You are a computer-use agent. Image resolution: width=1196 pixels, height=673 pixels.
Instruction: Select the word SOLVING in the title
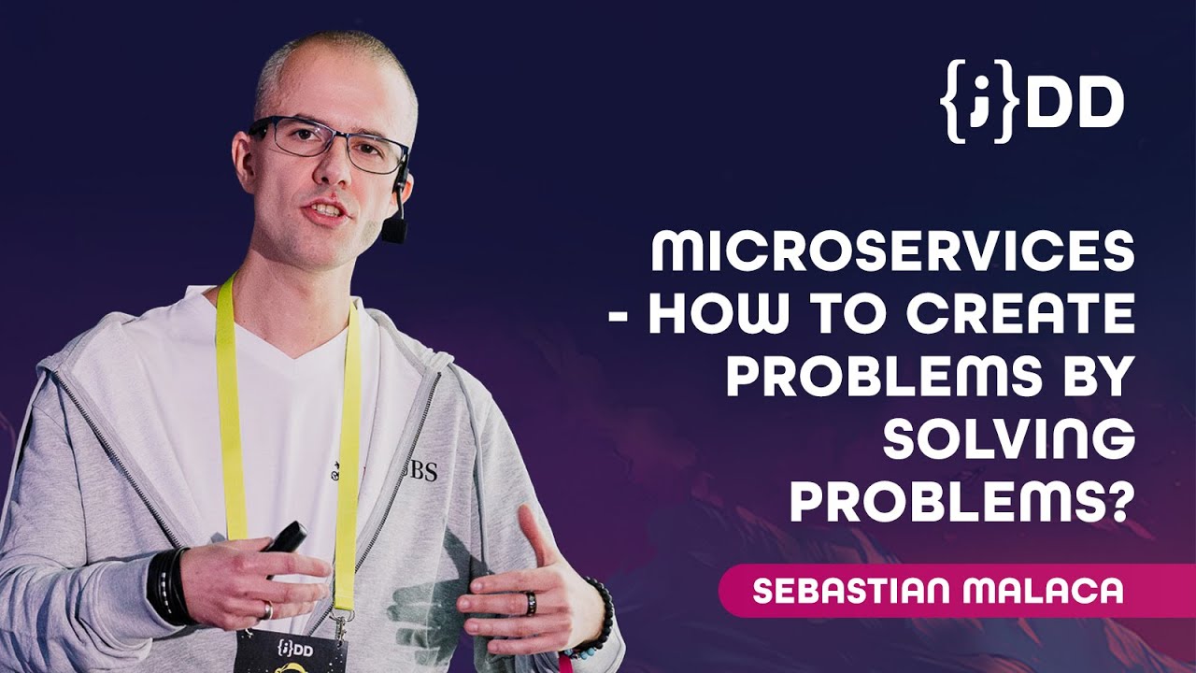1009,440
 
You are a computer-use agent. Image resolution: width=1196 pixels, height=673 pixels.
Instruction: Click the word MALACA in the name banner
1051,591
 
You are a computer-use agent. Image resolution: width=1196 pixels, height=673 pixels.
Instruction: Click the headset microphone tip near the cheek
393,229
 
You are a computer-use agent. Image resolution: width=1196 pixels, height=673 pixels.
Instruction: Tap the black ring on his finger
531,603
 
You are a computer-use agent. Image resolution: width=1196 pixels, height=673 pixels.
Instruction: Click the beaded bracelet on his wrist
600,617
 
